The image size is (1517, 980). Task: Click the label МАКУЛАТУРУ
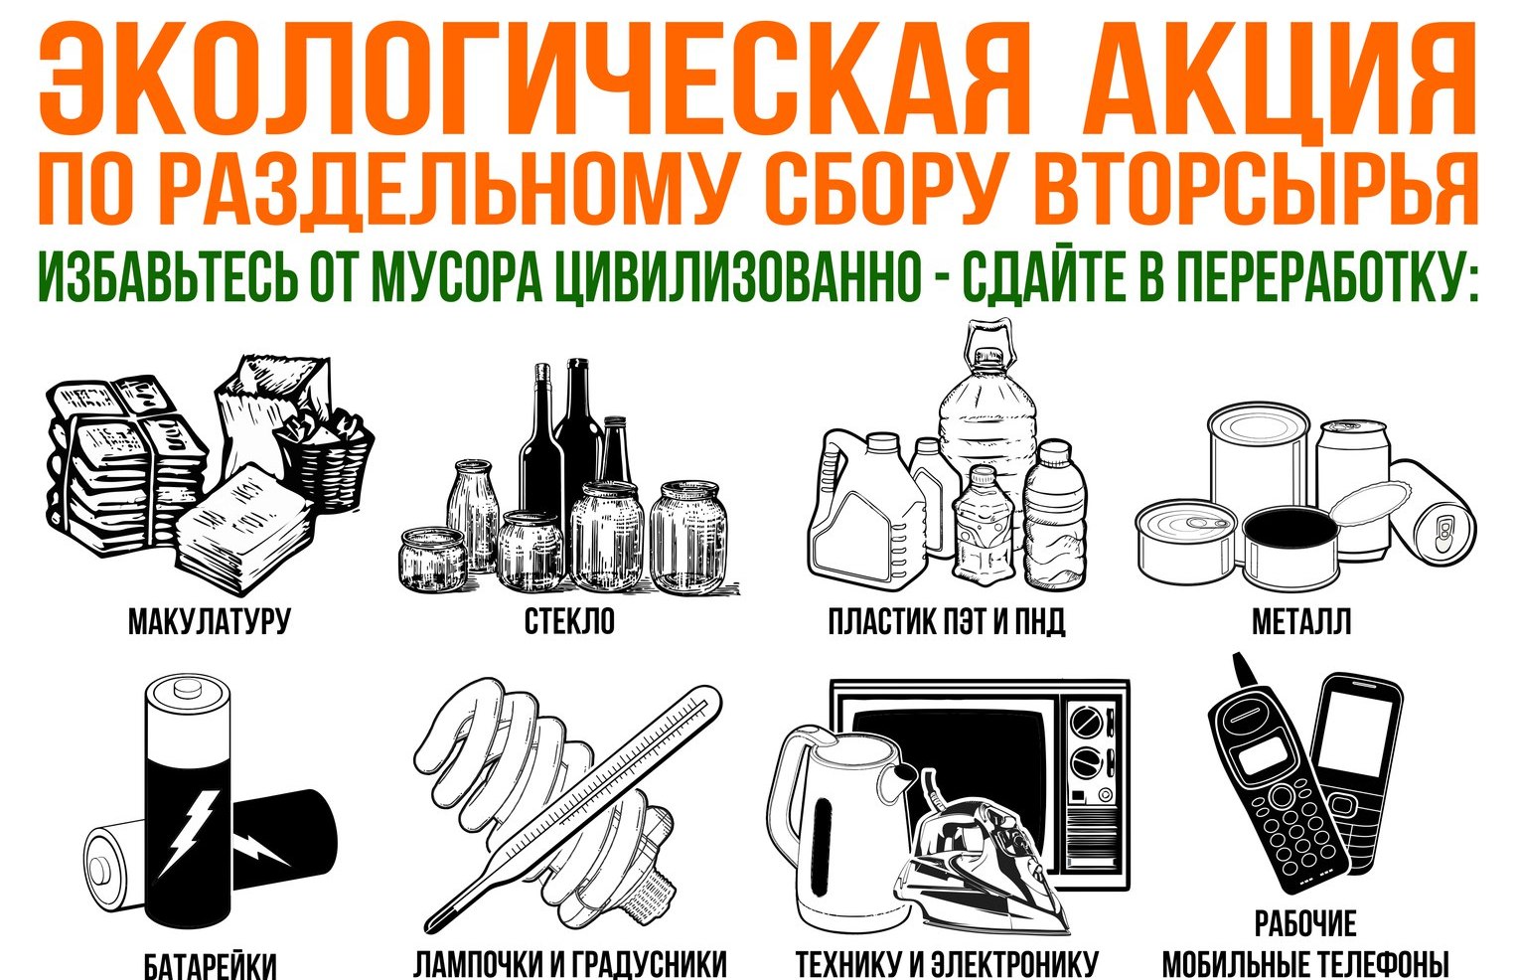tap(209, 621)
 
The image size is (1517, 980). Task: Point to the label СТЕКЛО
tap(569, 621)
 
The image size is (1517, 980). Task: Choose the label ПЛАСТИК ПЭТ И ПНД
tap(947, 621)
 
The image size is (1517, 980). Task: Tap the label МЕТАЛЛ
tap(1301, 621)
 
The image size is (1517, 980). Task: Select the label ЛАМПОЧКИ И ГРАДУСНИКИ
tap(570, 964)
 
